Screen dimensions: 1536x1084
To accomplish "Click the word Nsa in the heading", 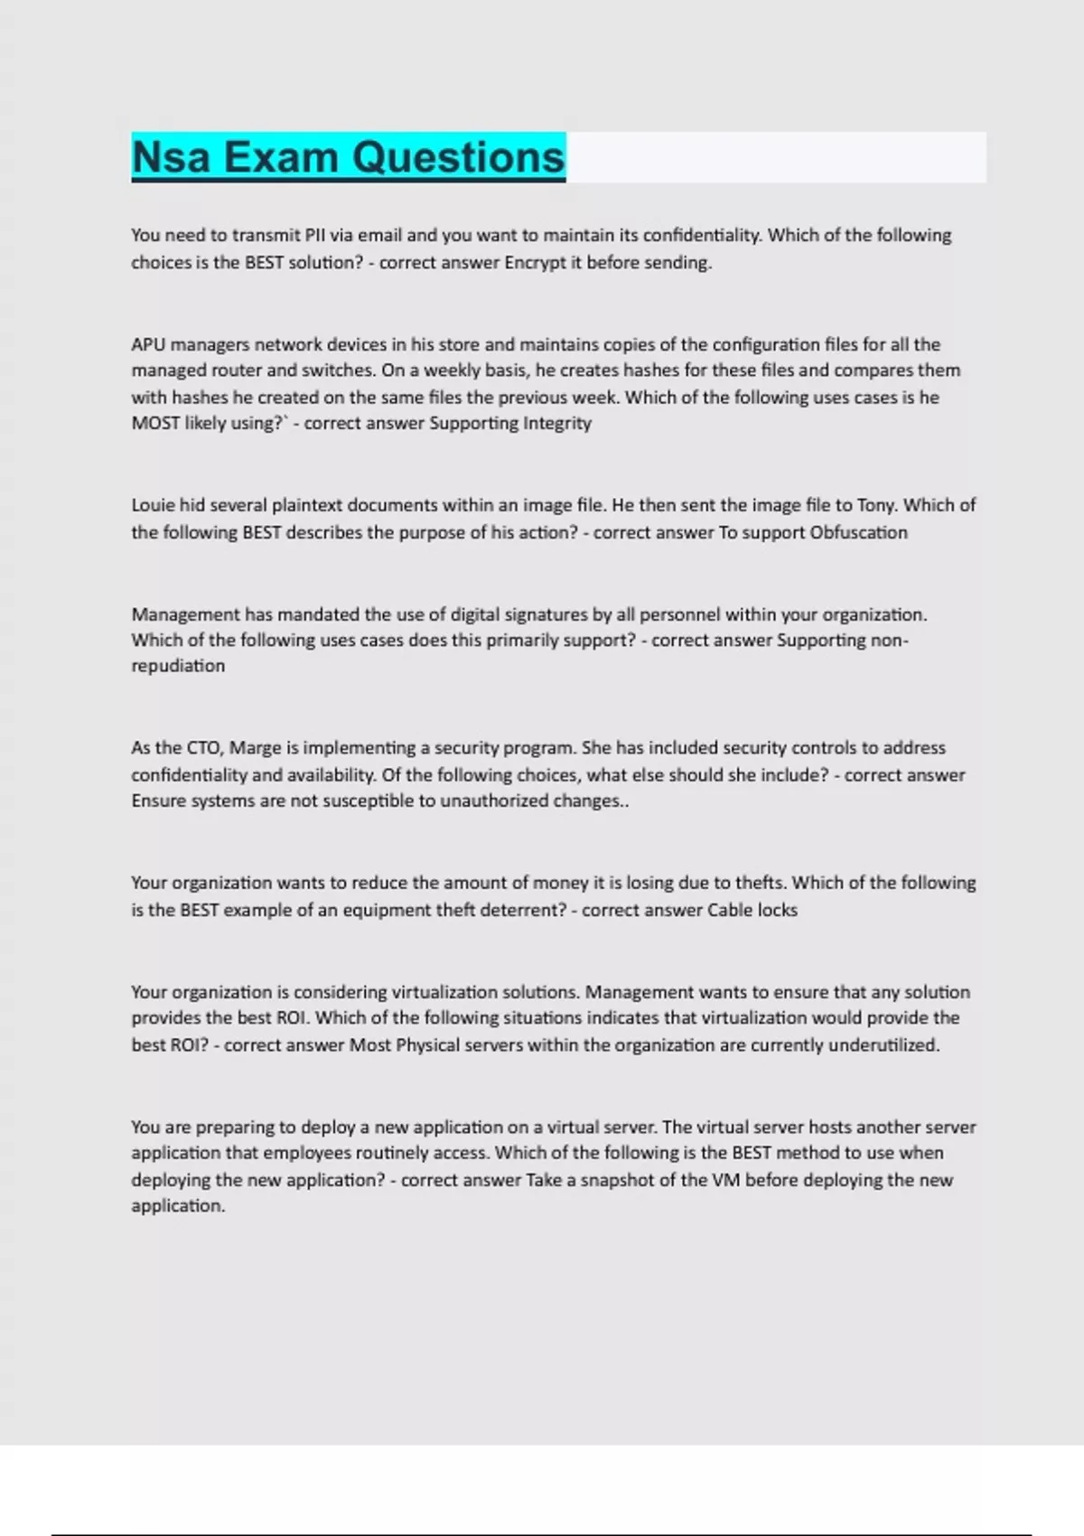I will click(172, 157).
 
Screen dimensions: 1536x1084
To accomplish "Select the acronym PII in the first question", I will click(314, 236).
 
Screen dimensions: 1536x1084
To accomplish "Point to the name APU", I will click(148, 344).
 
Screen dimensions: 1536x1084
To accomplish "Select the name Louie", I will click(154, 505).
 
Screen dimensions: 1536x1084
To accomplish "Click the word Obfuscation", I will click(858, 532).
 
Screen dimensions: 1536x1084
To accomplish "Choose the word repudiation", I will click(178, 666).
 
